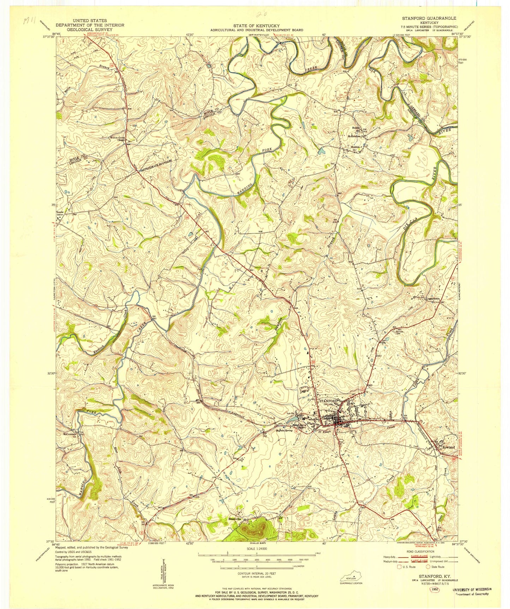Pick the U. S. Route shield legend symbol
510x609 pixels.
[x=399, y=567]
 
